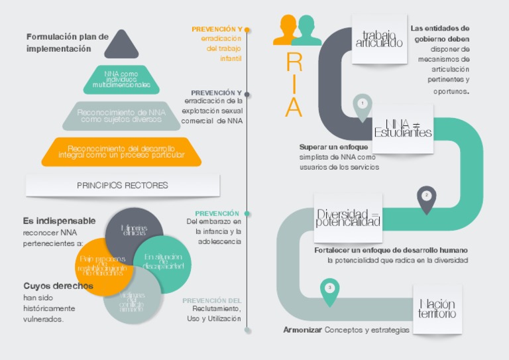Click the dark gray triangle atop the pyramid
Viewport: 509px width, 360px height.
(121, 46)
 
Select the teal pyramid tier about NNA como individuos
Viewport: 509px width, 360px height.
(121, 80)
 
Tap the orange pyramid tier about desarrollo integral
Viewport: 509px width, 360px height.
(121, 152)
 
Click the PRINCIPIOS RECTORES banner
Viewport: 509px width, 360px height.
(123, 186)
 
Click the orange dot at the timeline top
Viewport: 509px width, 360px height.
(247, 30)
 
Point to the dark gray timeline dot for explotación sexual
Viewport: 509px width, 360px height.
(247, 94)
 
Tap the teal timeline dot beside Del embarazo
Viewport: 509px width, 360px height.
(247, 213)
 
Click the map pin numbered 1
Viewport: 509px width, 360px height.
(362, 106)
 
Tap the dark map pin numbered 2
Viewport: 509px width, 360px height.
(426, 198)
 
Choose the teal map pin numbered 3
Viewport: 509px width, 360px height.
(329, 290)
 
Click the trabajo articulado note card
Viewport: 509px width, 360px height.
(379, 39)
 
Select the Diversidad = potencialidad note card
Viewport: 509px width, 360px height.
(348, 217)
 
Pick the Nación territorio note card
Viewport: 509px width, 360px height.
(437, 309)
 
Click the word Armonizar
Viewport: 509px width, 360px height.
(303, 330)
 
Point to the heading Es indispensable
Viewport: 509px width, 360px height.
(59, 221)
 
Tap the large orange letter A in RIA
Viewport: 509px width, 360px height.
(294, 106)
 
